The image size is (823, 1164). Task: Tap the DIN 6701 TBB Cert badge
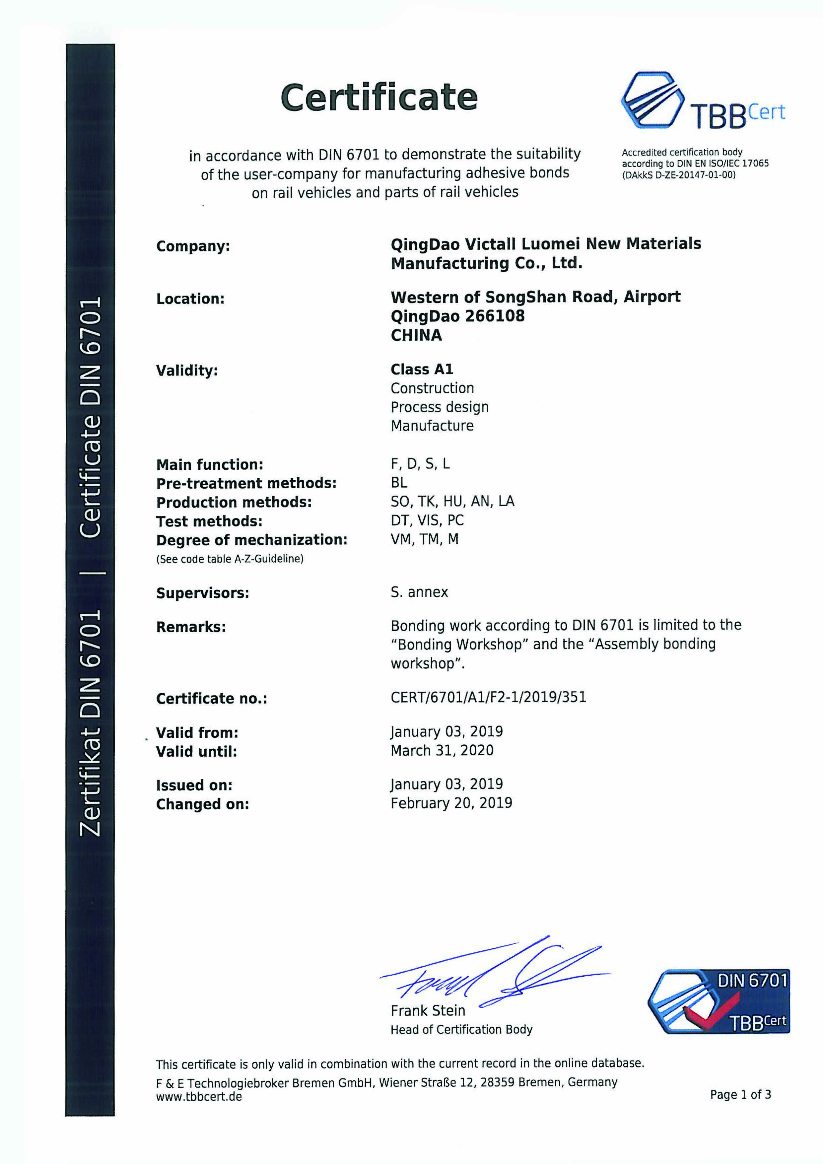click(x=719, y=1002)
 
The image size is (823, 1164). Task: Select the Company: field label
click(x=193, y=246)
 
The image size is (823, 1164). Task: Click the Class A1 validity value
click(x=421, y=369)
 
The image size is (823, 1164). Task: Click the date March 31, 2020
click(x=442, y=750)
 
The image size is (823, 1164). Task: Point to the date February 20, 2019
click(x=451, y=803)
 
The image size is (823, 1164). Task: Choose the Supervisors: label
click(x=202, y=593)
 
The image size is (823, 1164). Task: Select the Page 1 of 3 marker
click(x=740, y=1095)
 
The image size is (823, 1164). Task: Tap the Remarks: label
click(x=191, y=627)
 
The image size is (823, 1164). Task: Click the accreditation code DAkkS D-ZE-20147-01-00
click(x=678, y=175)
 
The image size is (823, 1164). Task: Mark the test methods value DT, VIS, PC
click(x=427, y=520)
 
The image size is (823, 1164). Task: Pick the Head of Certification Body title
click(x=461, y=1030)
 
